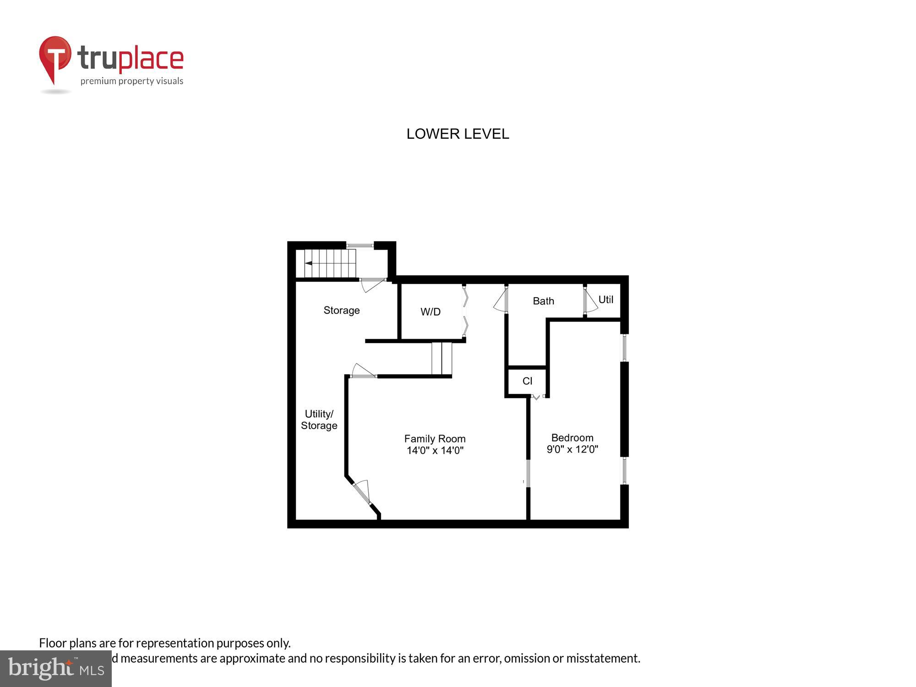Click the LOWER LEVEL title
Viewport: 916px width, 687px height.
pos(458,134)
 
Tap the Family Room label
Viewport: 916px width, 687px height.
pos(435,439)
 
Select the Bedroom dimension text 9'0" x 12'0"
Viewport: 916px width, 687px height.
pos(572,449)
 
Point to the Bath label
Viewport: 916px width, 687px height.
pos(543,301)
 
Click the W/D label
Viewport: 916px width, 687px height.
pos(431,312)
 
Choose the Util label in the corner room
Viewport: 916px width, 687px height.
pos(605,300)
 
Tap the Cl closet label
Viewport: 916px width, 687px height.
pos(527,381)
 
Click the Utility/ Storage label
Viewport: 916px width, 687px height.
pos(319,420)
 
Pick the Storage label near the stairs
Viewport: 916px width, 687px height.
pos(342,310)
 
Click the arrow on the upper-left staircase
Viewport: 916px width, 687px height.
pos(309,263)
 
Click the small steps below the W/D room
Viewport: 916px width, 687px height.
pos(442,359)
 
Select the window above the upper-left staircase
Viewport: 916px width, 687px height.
pos(360,246)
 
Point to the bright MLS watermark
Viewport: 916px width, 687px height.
pos(56,668)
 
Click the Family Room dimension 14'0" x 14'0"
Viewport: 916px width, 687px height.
pos(435,451)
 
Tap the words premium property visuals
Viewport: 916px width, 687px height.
pos(132,81)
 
